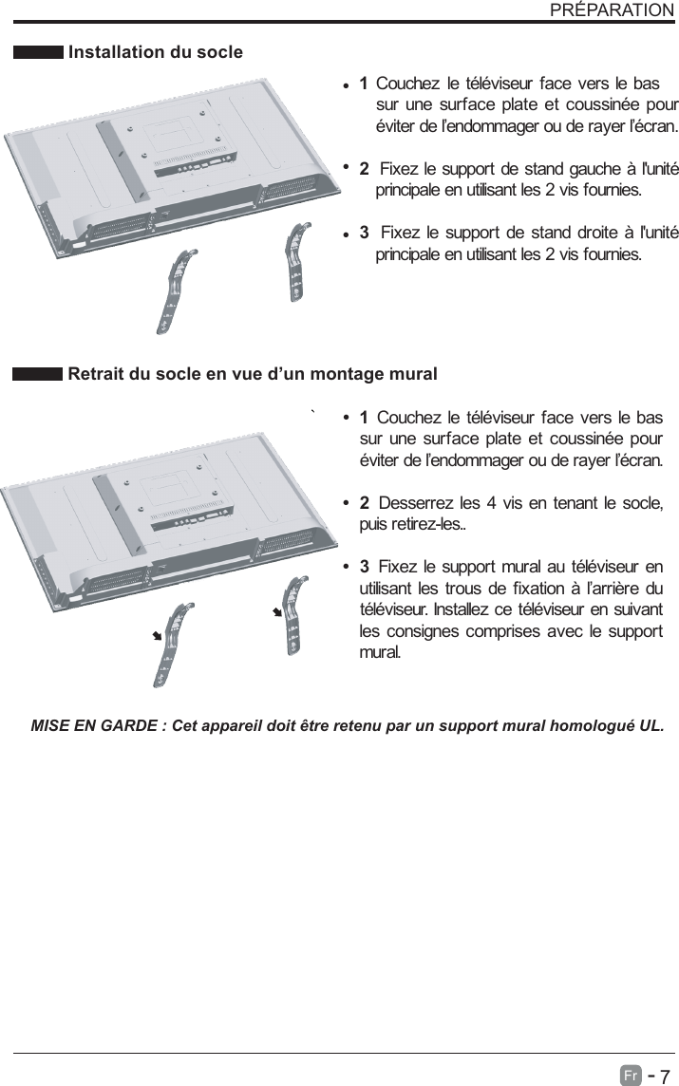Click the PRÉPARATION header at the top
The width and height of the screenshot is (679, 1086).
(x=612, y=10)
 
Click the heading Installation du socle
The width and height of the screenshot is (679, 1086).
(x=156, y=52)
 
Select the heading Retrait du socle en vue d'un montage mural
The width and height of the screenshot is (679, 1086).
(x=253, y=374)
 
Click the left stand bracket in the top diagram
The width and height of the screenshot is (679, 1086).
(x=175, y=286)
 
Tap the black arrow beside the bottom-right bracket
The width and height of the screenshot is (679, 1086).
(x=277, y=612)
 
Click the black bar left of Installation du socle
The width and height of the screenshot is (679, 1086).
(x=38, y=52)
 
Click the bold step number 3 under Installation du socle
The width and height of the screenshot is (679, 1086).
(x=364, y=234)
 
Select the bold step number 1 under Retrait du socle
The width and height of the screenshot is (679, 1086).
(x=365, y=419)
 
